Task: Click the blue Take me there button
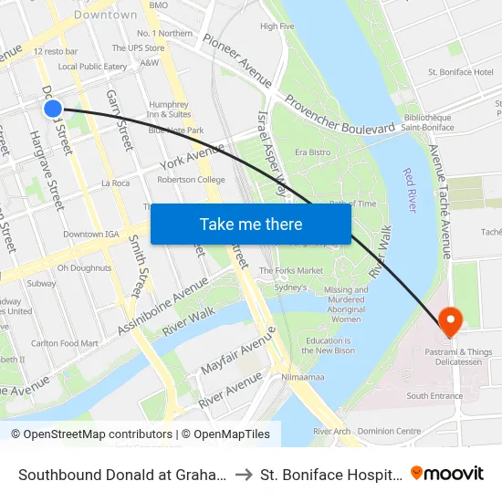251,224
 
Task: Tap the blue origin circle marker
53,109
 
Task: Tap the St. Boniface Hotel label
460,72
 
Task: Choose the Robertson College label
191,180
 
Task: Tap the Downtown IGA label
91,235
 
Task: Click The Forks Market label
291,270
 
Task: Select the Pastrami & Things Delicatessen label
448,357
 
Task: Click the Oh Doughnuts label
84,268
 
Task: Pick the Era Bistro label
312,152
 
